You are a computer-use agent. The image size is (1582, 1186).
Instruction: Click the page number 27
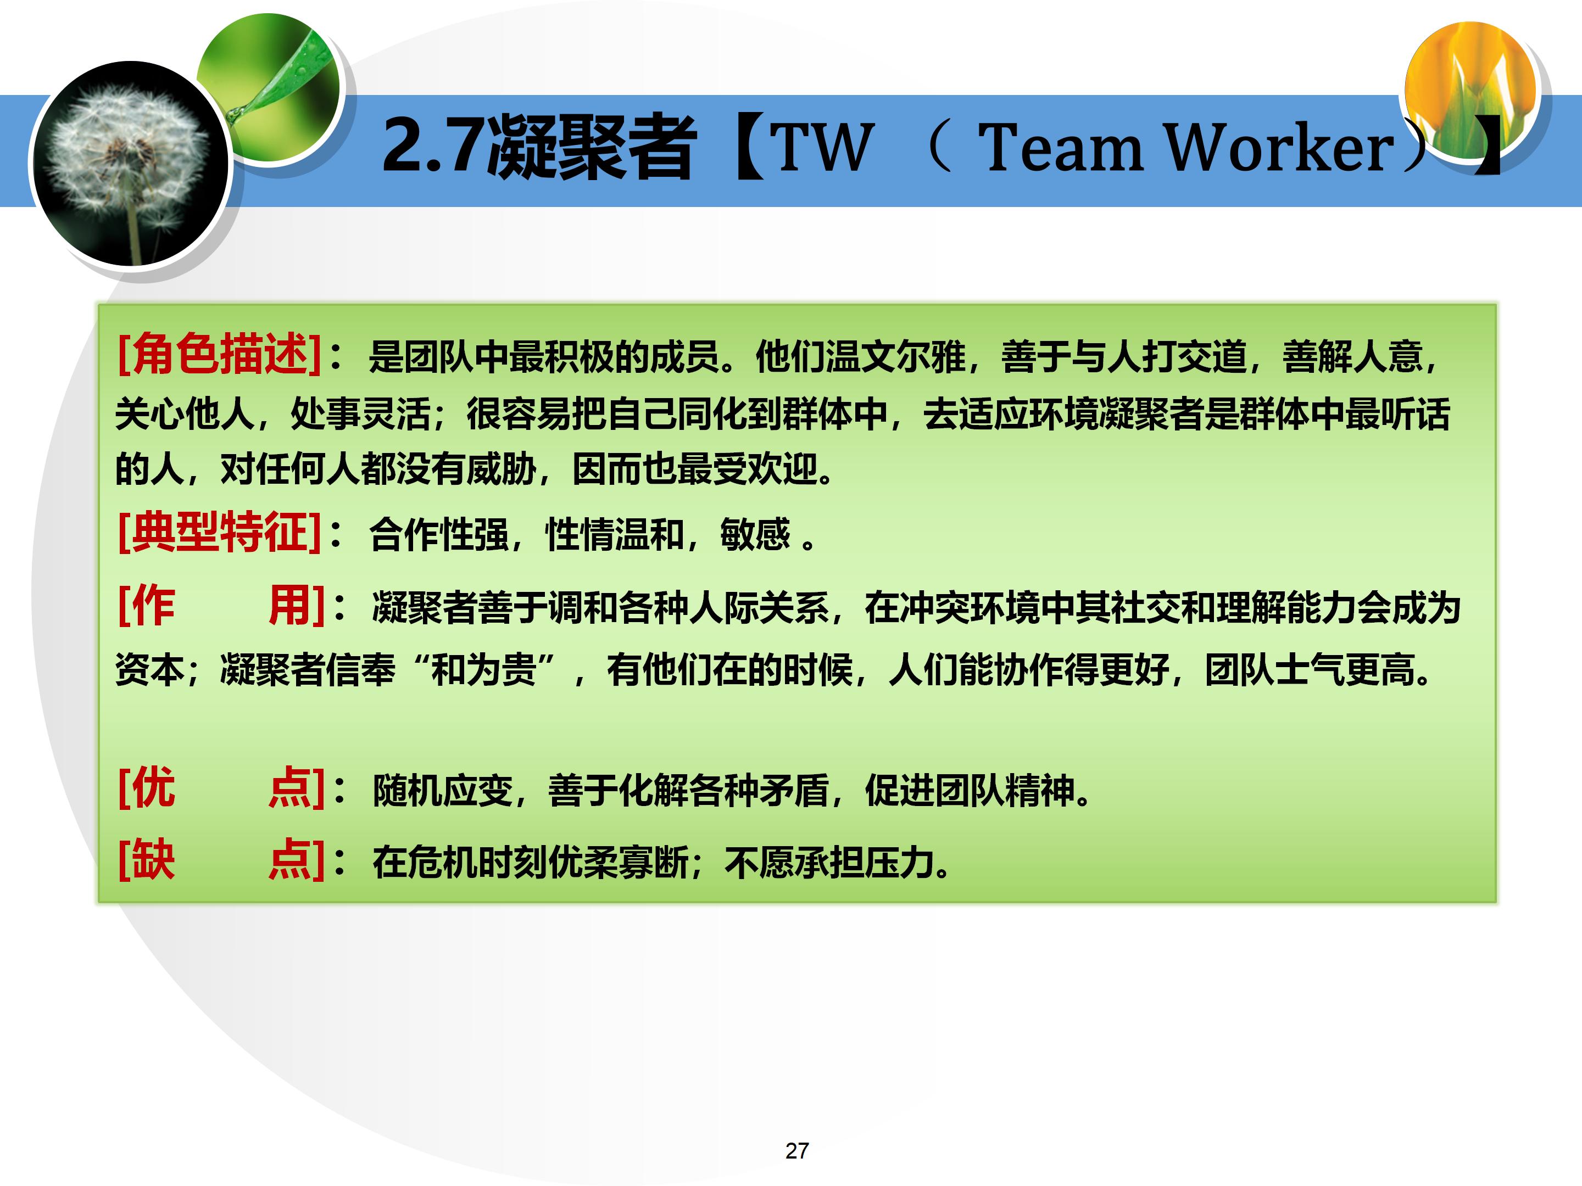pos(796,1150)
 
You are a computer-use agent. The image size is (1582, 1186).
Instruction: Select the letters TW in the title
pos(822,148)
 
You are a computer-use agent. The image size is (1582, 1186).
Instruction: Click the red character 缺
pos(152,859)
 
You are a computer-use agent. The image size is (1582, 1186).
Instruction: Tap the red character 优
pos(152,787)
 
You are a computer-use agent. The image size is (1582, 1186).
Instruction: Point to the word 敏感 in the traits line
pos(755,534)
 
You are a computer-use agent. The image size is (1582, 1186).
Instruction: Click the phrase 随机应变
pos(443,791)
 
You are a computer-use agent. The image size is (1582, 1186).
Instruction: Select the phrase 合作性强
pos(438,534)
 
